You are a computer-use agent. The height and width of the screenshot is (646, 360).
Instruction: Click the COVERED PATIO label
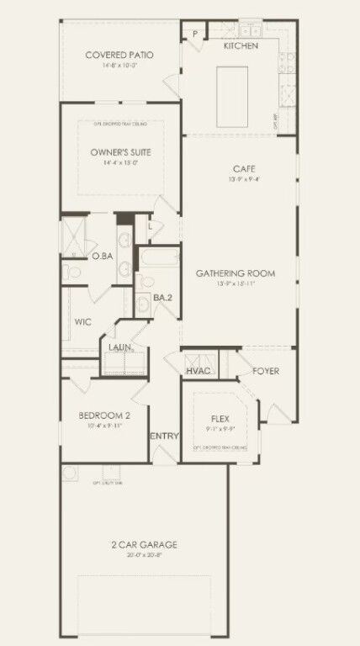(119, 56)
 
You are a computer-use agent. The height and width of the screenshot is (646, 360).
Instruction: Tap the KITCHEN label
(241, 46)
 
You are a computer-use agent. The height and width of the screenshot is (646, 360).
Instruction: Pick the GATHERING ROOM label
(236, 273)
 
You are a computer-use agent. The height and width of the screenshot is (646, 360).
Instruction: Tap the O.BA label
(103, 256)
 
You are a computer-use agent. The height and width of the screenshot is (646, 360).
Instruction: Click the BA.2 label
(162, 299)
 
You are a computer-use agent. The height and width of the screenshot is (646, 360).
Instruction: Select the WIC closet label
(82, 322)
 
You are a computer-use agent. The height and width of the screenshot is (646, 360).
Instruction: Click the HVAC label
(199, 371)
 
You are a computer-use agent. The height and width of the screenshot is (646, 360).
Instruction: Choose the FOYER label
(266, 371)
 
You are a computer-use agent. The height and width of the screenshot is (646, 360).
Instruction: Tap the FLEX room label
(220, 418)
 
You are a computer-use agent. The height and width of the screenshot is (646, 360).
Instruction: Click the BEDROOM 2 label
(104, 416)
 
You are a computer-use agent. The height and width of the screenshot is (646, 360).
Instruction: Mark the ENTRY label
(162, 436)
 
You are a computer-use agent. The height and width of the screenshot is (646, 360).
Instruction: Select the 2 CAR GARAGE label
(144, 545)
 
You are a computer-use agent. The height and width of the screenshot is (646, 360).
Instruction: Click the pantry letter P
(194, 34)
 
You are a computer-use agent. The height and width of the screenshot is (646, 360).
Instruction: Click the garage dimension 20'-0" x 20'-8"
(144, 556)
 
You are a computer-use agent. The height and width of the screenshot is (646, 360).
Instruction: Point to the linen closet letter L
(150, 225)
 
